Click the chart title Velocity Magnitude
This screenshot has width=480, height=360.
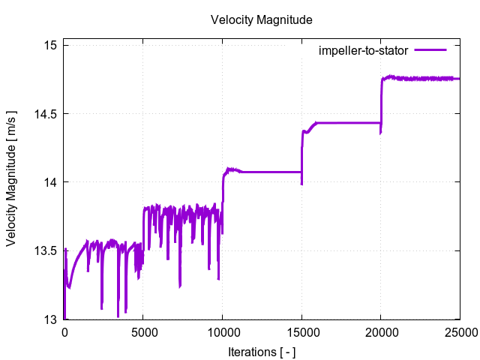[261, 19]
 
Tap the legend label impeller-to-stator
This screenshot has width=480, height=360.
[363, 51]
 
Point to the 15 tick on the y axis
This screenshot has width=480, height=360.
[50, 46]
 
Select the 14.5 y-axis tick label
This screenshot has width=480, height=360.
[45, 114]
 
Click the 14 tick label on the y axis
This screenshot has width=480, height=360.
[50, 182]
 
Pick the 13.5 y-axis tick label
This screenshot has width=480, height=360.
[45, 250]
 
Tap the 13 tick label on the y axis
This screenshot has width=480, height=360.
[50, 319]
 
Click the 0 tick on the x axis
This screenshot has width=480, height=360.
[64, 332]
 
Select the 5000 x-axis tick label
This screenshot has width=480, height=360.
[143, 332]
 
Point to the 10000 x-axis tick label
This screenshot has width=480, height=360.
[222, 332]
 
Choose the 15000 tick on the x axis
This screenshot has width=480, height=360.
[301, 332]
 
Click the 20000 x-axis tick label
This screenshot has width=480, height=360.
[380, 332]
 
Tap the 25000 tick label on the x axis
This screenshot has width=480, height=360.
[459, 332]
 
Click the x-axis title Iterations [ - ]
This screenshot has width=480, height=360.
[261, 350]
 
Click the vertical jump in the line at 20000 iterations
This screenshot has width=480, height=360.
[381, 101]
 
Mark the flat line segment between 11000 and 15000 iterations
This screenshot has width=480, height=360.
[270, 172]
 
